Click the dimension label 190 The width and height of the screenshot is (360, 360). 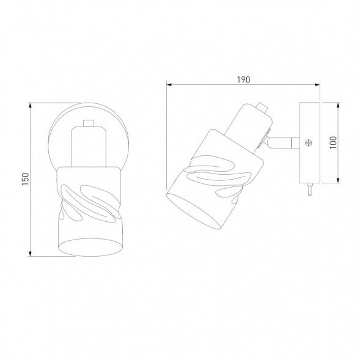(x=243, y=79)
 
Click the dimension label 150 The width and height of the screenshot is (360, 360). (x=26, y=179)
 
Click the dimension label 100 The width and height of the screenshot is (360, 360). (x=333, y=142)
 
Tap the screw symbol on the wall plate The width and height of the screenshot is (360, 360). (x=309, y=143)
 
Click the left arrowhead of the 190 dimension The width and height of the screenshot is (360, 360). (x=169, y=85)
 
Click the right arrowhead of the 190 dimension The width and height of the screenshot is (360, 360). (x=317, y=85)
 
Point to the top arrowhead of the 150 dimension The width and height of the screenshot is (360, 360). (x=30, y=105)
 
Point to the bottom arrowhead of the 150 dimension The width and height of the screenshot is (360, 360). (x=30, y=254)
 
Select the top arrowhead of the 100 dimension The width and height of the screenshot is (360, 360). (x=338, y=105)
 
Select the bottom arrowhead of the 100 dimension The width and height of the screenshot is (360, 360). (x=338, y=180)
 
